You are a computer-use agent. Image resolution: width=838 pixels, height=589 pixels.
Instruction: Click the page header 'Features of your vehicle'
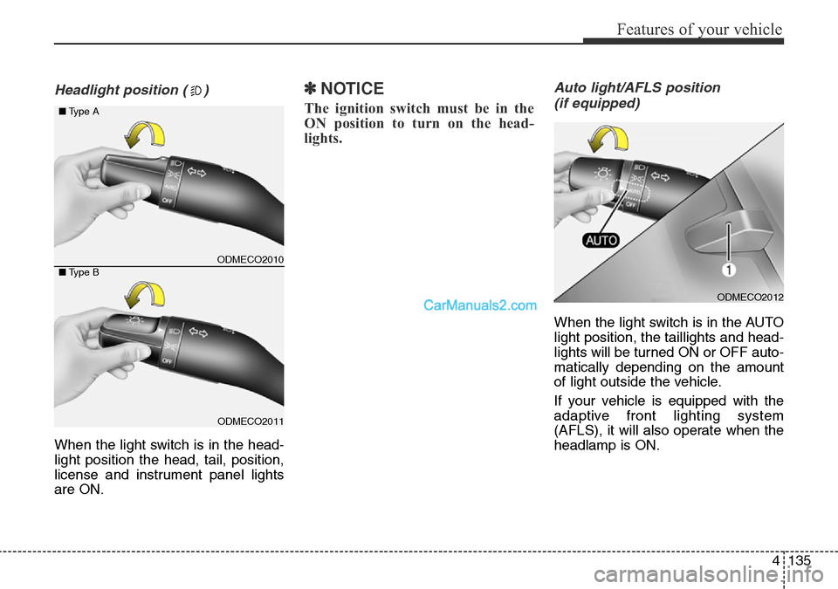[x=698, y=29]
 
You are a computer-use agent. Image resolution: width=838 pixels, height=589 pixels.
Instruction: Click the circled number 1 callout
[x=727, y=271]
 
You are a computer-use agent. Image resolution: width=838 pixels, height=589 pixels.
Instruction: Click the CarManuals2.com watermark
[x=480, y=305]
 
